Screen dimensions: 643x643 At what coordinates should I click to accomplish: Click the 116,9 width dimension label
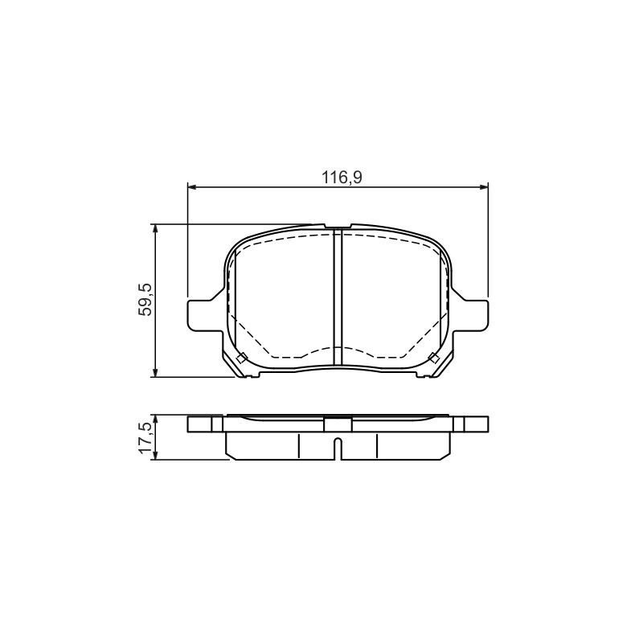tap(342, 178)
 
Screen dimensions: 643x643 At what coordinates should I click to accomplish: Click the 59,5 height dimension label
tap(145, 299)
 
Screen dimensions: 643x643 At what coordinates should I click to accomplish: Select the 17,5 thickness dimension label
tap(145, 438)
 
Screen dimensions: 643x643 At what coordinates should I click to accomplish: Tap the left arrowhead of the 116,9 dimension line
tap(193, 187)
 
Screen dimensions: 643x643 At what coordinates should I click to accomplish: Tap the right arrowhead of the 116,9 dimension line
tap(483, 187)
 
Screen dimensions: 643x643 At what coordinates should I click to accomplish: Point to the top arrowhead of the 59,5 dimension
tap(155, 230)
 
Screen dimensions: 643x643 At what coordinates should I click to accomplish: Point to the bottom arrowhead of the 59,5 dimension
tap(155, 371)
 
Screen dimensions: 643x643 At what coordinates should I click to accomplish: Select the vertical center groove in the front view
tap(338, 297)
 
